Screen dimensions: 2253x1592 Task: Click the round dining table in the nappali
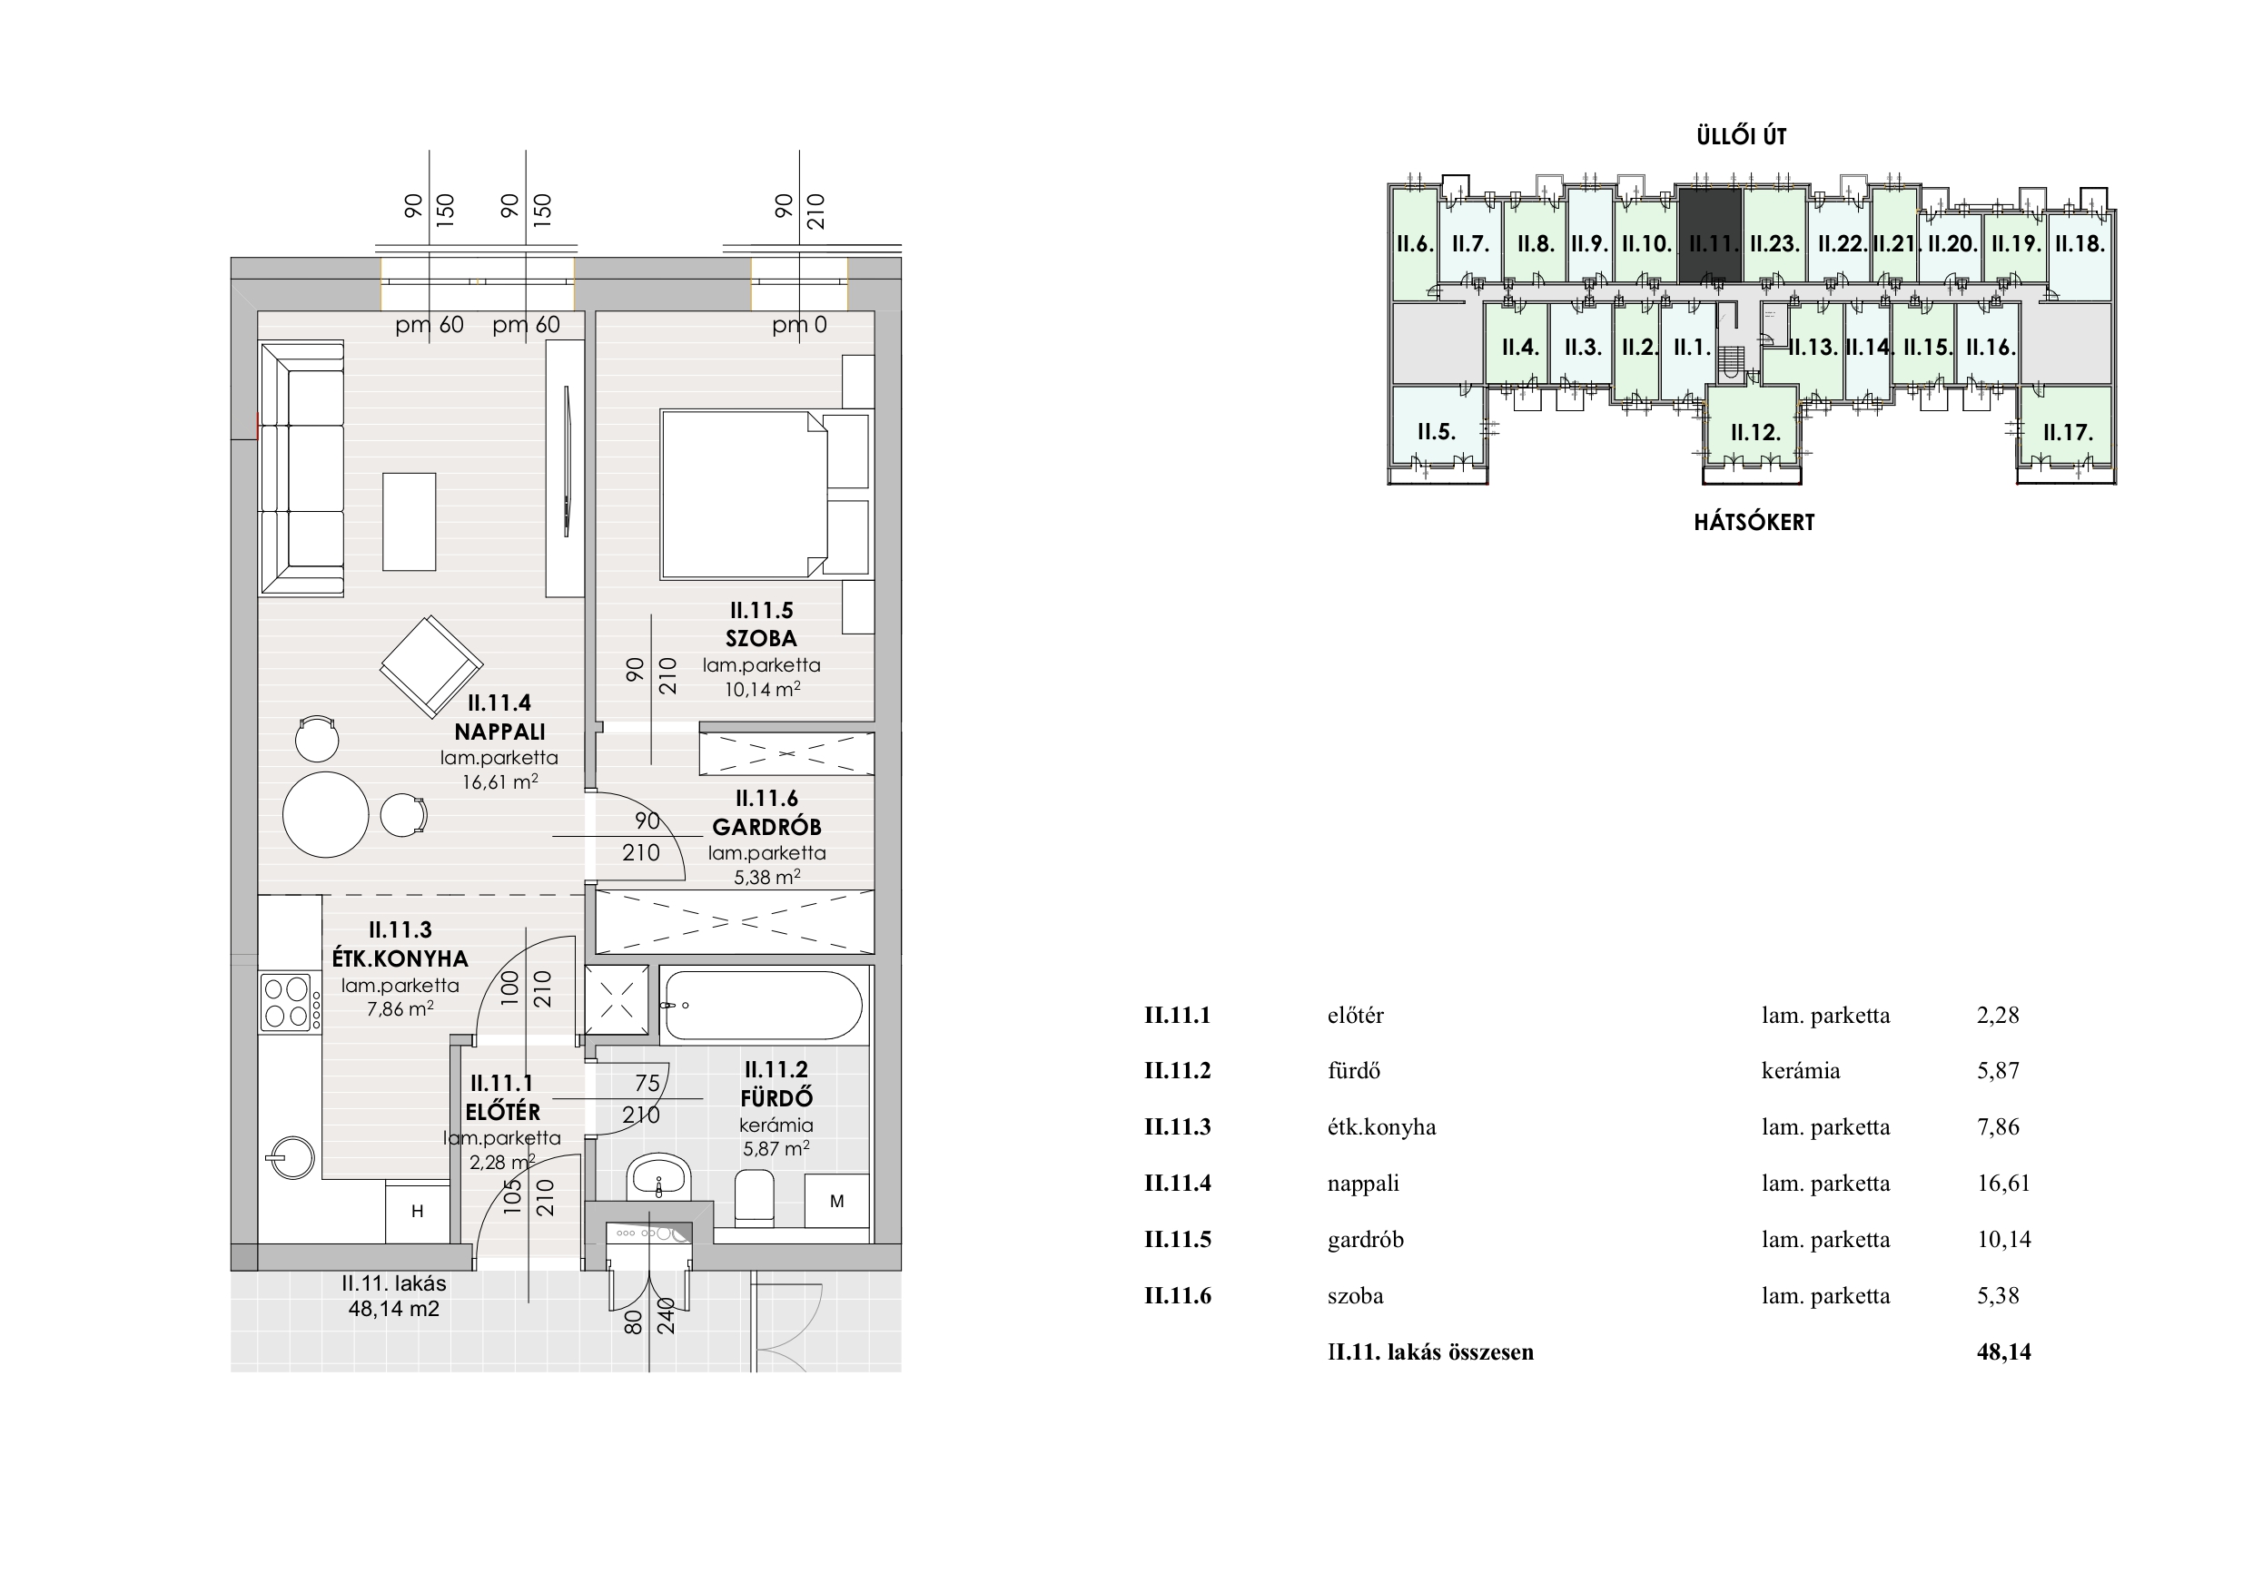click(326, 814)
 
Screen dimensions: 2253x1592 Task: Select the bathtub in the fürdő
click(762, 1006)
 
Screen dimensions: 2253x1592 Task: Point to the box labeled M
click(837, 1201)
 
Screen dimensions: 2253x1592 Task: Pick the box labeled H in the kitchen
click(417, 1212)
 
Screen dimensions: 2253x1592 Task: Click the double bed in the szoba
click(744, 495)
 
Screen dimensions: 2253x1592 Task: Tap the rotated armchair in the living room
click(430, 667)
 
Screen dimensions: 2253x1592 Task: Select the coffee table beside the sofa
click(410, 521)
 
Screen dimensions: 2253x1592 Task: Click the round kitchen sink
click(288, 1158)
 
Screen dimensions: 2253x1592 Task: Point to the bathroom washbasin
click(659, 1177)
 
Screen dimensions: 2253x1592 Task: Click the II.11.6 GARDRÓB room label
click(766, 813)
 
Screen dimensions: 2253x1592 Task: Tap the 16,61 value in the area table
click(2004, 1183)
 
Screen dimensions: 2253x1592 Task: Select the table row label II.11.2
click(1178, 1071)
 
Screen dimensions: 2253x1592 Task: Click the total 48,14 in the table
click(2004, 1351)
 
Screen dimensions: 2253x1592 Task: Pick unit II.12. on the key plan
click(1754, 432)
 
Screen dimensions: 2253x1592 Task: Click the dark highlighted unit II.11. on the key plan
click(1710, 234)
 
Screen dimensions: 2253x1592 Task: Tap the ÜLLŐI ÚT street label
click(1742, 136)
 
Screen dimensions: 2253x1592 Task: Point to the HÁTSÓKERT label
click(1754, 522)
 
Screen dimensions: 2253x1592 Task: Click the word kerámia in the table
click(1801, 1071)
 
